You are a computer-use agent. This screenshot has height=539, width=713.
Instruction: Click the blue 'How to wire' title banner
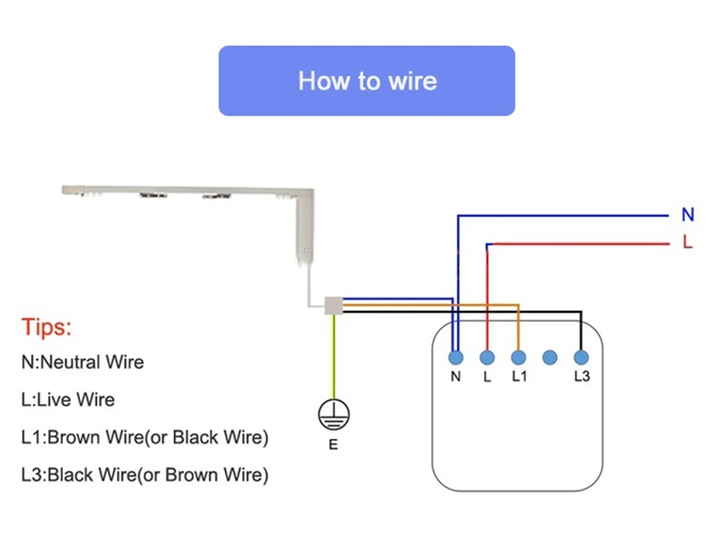366,80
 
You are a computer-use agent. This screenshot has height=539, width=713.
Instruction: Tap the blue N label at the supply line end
688,215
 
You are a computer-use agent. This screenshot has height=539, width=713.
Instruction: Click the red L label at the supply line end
688,242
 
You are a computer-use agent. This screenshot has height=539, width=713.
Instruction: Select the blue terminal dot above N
455,357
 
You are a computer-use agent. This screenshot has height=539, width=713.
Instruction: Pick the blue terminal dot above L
487,357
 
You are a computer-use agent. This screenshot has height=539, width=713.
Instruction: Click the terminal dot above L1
518,357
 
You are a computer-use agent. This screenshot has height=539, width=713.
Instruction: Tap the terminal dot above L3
581,357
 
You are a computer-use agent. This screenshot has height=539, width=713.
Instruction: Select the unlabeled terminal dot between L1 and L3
550,357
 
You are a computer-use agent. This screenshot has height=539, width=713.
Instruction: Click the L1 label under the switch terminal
519,376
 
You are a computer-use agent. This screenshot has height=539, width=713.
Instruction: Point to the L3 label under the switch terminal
582,376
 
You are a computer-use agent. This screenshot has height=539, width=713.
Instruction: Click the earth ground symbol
333,414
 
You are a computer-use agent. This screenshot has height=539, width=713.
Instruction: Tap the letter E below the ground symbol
333,445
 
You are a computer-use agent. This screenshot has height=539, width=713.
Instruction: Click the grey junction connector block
333,305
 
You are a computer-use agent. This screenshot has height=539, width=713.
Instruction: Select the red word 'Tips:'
46,327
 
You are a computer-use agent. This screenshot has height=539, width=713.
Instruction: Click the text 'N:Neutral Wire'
82,362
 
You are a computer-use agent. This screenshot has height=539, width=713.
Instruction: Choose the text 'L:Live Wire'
68,399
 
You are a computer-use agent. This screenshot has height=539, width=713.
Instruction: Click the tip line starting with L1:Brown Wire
145,437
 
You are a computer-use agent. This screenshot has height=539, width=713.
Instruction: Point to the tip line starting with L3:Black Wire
145,475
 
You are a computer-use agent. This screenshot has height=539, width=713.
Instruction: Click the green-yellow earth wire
333,357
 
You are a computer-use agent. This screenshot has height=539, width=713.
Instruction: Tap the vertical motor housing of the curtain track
305,227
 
